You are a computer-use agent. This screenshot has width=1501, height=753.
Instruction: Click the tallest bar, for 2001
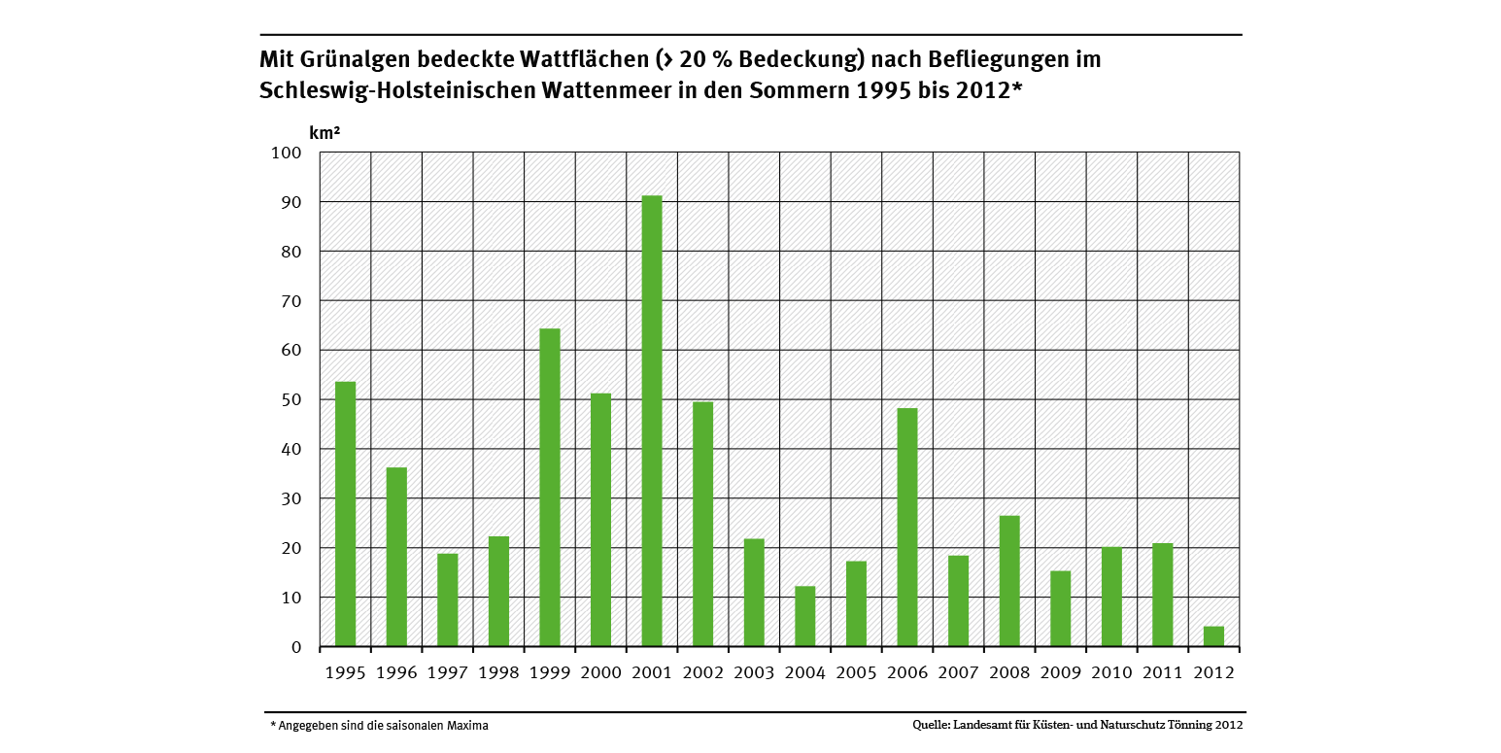[652, 421]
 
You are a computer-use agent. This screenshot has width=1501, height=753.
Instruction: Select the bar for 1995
[345, 514]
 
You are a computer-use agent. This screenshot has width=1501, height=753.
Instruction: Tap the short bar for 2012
[1213, 636]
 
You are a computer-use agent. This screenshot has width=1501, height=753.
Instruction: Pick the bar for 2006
[907, 527]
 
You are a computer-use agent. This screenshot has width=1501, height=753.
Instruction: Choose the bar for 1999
[550, 487]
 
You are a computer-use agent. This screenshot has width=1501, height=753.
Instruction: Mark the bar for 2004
[805, 616]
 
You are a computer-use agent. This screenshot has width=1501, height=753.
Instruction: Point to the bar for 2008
[1009, 580]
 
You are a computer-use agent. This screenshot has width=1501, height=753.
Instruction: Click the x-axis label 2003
[754, 672]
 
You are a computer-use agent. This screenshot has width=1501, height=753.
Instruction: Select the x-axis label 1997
[447, 672]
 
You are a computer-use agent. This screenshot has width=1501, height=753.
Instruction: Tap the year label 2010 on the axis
[1111, 672]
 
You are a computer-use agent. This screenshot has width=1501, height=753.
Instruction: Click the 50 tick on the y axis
[293, 400]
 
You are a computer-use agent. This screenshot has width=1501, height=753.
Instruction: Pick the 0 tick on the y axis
[297, 647]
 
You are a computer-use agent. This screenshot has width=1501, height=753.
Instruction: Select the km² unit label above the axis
[324, 132]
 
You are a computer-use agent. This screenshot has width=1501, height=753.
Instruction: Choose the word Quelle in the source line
[931, 725]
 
